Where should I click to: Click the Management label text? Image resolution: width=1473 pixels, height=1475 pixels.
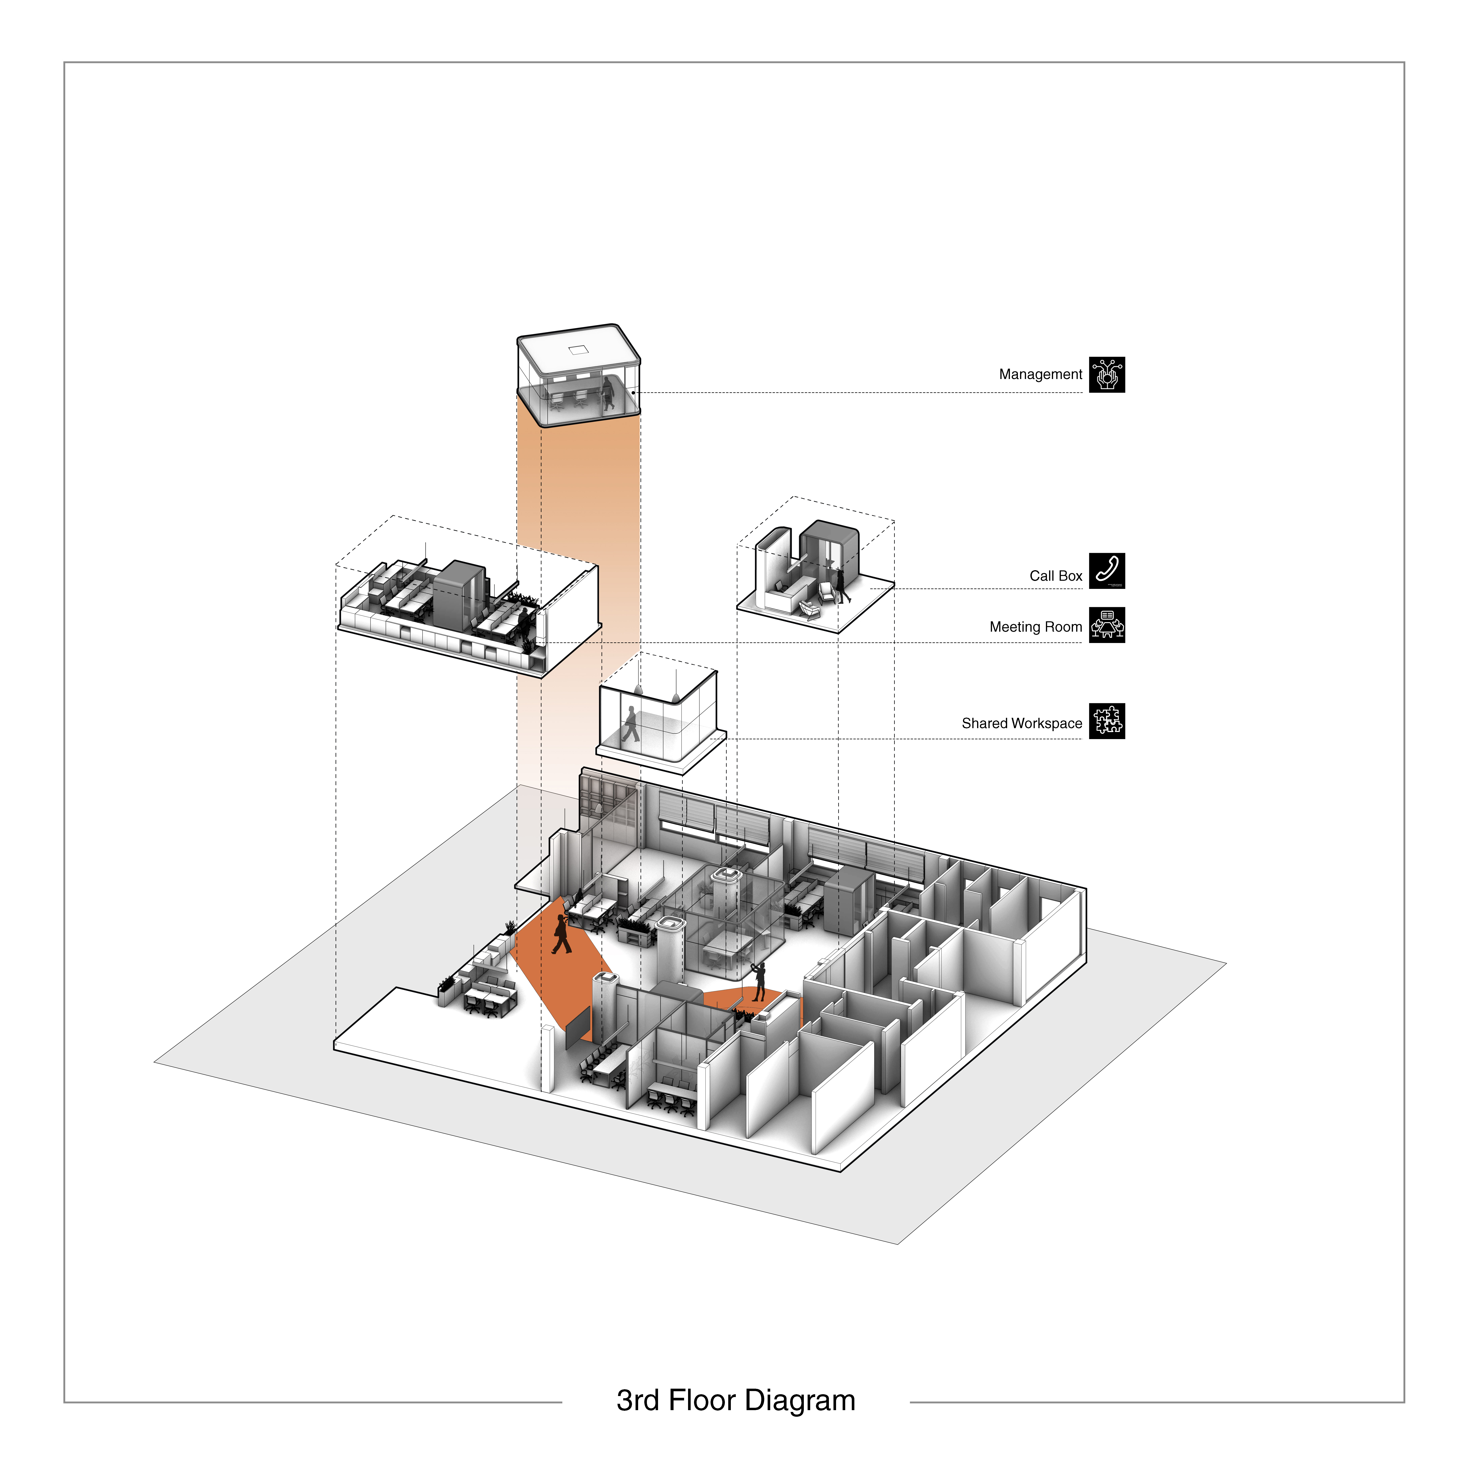pyautogui.click(x=1040, y=374)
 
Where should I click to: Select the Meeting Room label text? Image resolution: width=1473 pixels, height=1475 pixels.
pyautogui.click(x=1036, y=627)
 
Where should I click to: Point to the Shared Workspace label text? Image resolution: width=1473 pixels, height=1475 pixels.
pyautogui.click(x=1021, y=723)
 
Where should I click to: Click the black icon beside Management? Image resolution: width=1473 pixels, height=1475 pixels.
pyautogui.click(x=1107, y=375)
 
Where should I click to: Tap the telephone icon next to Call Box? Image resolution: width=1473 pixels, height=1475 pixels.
pyautogui.click(x=1107, y=571)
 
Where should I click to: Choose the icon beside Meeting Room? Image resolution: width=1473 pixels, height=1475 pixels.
pyautogui.click(x=1107, y=625)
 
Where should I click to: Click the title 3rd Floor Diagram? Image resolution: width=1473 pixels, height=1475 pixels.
pyautogui.click(x=736, y=1400)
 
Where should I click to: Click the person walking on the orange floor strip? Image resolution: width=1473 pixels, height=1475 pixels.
pyautogui.click(x=561, y=933)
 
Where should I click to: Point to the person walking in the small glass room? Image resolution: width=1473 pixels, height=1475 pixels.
pyautogui.click(x=630, y=724)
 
